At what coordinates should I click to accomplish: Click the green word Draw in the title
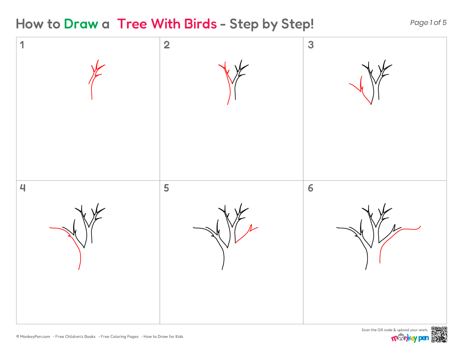(x=81, y=24)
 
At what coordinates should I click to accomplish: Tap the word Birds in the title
(x=200, y=24)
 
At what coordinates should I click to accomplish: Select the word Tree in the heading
(x=132, y=24)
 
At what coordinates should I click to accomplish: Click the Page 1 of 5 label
(x=428, y=22)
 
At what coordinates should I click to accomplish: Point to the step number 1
(x=22, y=45)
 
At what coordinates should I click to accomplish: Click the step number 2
(x=167, y=45)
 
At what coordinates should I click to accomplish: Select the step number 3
(x=311, y=45)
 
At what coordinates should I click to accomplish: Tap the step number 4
(x=22, y=188)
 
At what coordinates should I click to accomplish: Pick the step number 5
(x=166, y=188)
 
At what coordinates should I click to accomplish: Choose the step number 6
(x=311, y=188)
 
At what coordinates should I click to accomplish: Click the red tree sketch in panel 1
(x=92, y=86)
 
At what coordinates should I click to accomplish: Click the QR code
(x=439, y=335)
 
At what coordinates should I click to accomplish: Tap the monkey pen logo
(x=410, y=338)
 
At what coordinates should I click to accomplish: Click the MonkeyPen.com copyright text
(x=33, y=337)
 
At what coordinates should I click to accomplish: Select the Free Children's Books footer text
(x=75, y=337)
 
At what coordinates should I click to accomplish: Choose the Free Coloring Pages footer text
(x=119, y=337)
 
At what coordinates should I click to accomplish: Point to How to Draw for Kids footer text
(x=163, y=337)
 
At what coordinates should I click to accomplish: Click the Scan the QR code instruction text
(x=395, y=330)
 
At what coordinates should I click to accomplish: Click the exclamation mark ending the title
(x=312, y=24)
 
